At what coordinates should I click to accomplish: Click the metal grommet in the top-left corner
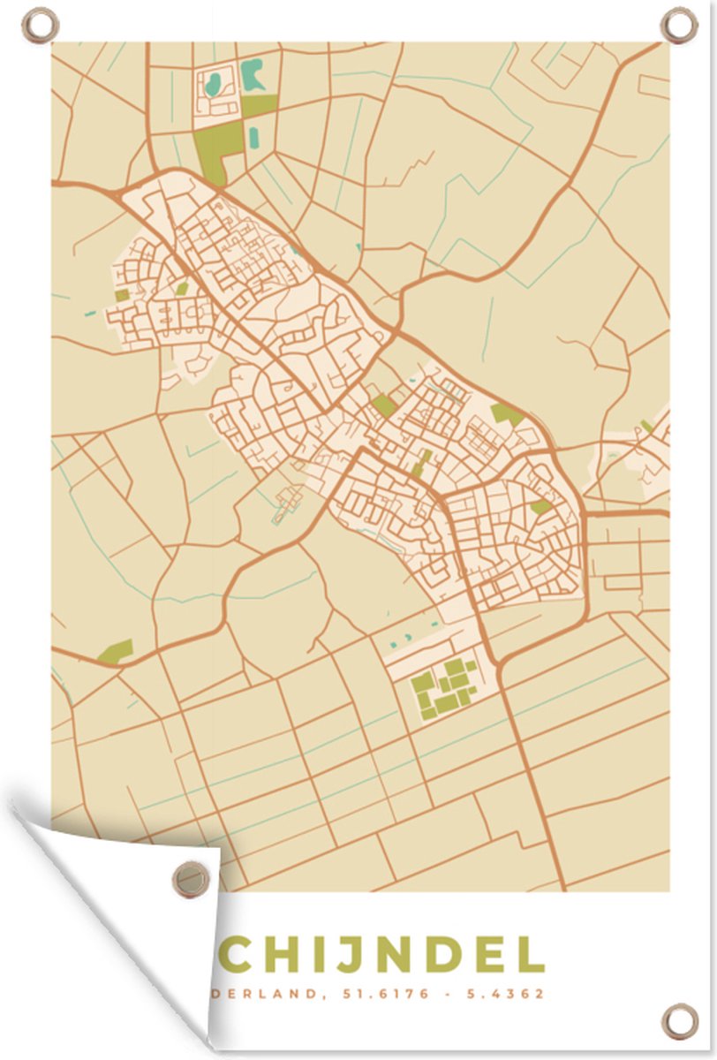click(x=39, y=24)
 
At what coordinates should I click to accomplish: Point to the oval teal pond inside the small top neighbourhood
click(x=213, y=85)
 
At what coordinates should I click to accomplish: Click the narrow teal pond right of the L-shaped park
click(x=254, y=137)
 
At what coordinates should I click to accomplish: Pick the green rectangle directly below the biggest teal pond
click(x=259, y=106)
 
